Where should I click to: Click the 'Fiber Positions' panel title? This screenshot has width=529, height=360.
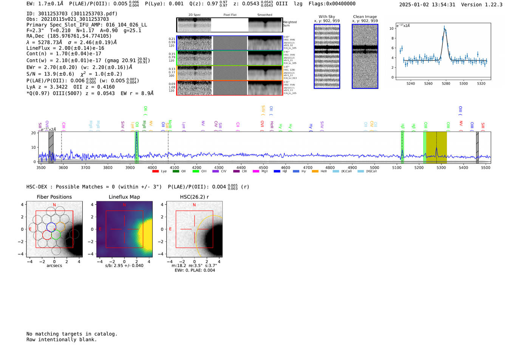(54, 197)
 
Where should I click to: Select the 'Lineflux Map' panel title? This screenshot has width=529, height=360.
(124, 197)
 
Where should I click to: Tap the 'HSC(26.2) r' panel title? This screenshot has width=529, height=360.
(194, 197)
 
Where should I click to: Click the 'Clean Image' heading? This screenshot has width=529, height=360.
(365, 17)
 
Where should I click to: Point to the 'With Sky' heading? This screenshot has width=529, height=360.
(326, 17)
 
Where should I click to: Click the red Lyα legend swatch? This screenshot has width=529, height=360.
(155, 172)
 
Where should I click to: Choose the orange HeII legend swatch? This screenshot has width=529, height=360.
(315, 172)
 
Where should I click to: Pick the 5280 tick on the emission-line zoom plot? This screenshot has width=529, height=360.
(446, 83)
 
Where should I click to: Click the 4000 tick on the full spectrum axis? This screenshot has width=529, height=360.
(152, 167)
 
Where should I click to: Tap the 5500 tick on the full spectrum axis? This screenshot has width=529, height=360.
(486, 167)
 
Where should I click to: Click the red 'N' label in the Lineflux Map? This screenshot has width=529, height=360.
(124, 205)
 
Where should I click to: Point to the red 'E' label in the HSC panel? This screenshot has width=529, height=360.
(170, 229)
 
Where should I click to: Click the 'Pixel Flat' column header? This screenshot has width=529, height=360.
(230, 15)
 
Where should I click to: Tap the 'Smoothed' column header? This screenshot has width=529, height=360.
(264, 15)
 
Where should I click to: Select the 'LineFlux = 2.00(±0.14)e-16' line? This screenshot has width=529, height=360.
(65, 48)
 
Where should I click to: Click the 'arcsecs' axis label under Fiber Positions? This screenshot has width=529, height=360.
(54, 266)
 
